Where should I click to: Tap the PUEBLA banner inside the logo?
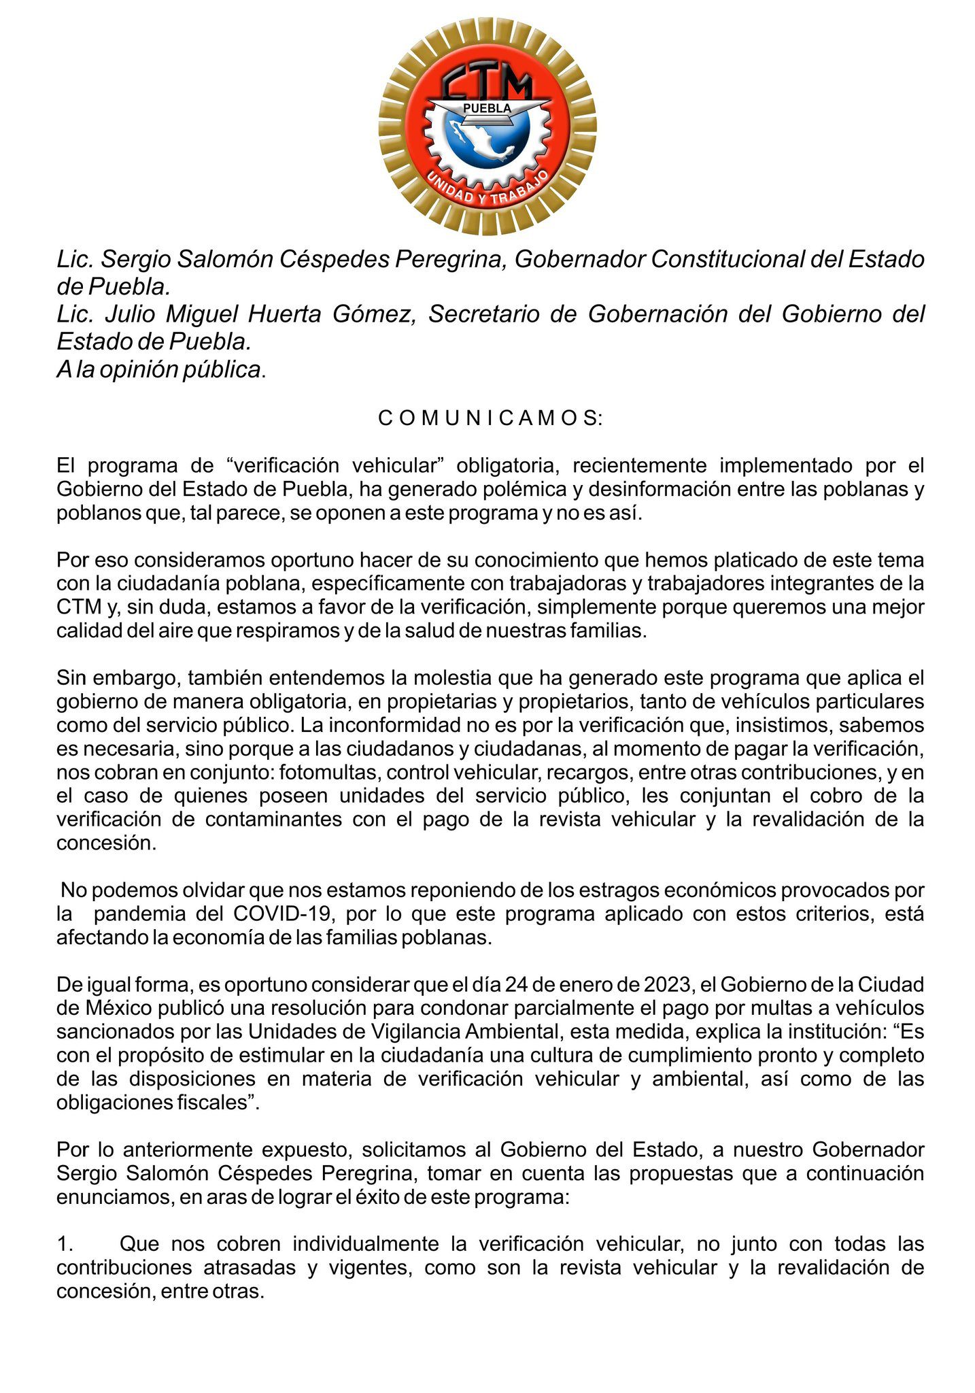point(487,109)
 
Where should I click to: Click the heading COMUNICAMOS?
point(490,418)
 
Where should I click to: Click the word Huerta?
point(289,314)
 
